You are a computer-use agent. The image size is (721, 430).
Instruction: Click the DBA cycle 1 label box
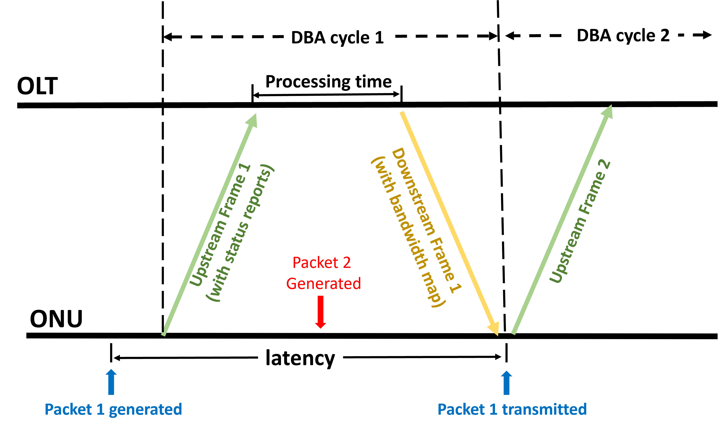338,37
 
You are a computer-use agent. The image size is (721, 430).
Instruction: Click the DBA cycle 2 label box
623,35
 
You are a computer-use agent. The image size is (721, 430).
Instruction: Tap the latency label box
300,357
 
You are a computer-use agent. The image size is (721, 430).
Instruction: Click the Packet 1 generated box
113,409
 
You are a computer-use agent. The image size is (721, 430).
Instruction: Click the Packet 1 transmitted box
512,409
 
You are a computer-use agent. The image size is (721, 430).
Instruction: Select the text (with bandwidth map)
408,232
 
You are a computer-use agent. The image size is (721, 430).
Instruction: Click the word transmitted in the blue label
544,409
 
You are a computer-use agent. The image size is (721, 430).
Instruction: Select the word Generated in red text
324,283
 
